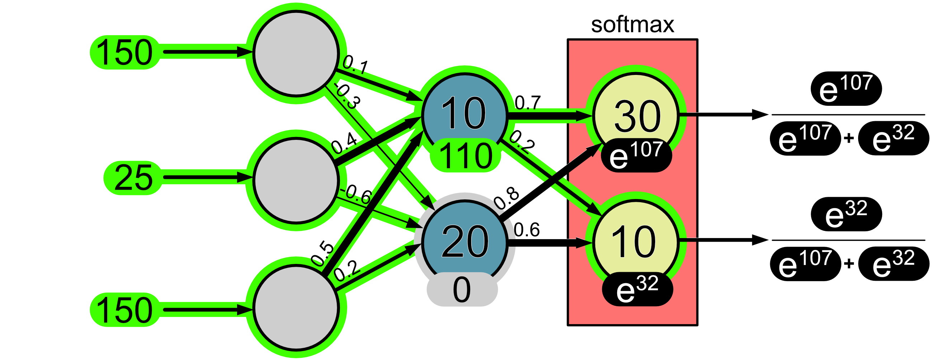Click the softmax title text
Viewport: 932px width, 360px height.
[632, 25]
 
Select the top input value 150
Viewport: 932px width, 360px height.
[124, 53]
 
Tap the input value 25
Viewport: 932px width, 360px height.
[133, 177]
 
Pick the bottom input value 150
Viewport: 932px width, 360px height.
[124, 310]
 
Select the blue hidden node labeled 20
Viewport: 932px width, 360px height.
[465, 241]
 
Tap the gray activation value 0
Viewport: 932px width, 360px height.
[462, 289]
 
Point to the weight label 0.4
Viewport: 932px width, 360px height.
[344, 143]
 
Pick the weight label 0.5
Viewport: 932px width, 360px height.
[323, 253]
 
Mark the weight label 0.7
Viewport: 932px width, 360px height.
[527, 103]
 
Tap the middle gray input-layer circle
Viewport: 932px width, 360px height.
[296, 180]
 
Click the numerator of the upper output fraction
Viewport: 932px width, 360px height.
[846, 88]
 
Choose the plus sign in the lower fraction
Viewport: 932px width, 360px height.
[849, 264]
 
